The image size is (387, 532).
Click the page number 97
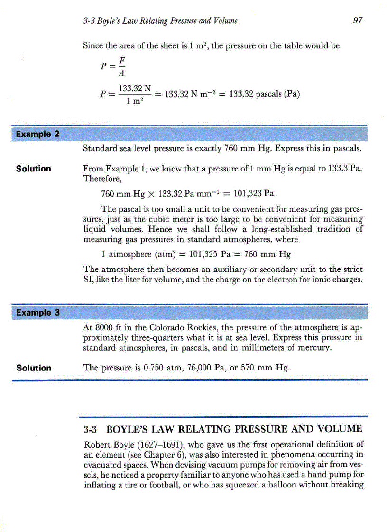(x=358, y=20)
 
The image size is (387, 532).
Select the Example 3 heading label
(x=37, y=312)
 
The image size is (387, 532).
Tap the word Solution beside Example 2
(x=33, y=169)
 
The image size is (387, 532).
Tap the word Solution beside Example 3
(x=33, y=368)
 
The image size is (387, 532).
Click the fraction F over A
(x=121, y=67)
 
